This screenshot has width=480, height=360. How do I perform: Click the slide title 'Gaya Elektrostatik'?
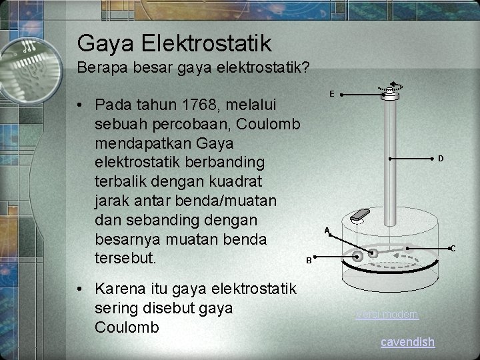pos(174,43)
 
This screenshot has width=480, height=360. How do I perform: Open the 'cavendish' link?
pos(407,342)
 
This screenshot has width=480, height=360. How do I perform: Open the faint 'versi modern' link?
pos(387,314)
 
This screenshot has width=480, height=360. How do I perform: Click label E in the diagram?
pos(332,94)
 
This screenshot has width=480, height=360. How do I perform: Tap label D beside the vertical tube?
pos(441,159)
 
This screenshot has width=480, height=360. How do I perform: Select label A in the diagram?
pos(327,231)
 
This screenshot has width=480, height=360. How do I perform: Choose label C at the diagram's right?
pos(452,249)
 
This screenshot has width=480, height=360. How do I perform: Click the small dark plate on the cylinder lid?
pos(359,215)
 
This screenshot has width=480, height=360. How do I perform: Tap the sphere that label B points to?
pos(359,255)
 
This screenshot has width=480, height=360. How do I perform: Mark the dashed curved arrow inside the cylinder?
pos(393,263)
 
